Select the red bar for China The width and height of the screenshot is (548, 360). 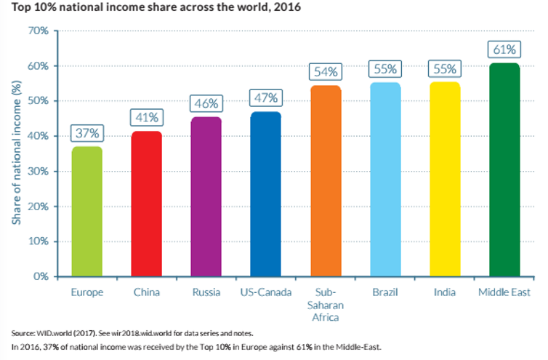click(146, 204)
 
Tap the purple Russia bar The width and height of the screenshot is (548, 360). click(206, 196)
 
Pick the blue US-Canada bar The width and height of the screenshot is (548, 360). click(265, 194)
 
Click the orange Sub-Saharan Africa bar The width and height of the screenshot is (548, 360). click(325, 181)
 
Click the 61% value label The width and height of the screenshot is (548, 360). click(504, 50)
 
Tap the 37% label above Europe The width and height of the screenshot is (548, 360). click(86, 133)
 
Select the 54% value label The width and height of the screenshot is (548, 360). click(325, 72)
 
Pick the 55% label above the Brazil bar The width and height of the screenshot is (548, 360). click(384, 69)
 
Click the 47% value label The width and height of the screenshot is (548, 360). click(265, 98)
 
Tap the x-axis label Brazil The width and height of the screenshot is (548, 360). click(384, 292)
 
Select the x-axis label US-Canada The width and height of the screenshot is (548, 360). click(265, 292)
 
